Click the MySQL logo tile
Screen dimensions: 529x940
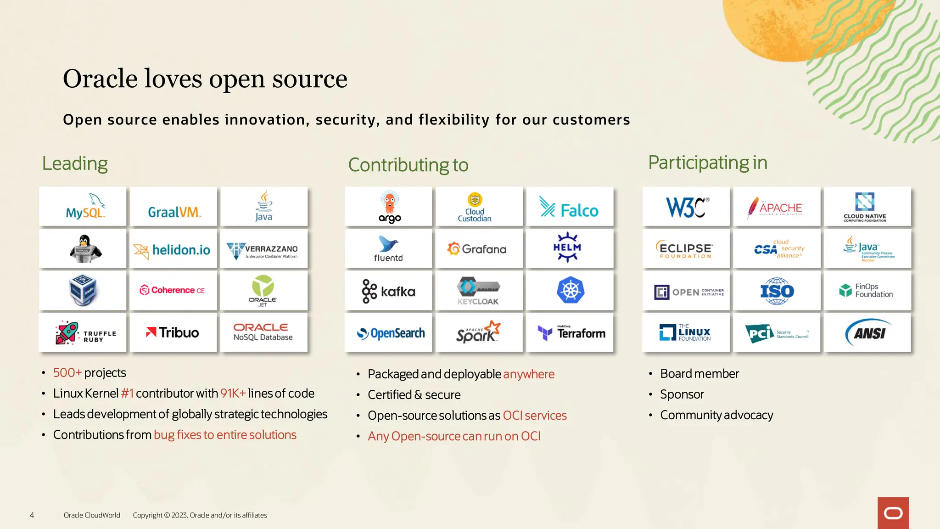[x=83, y=207]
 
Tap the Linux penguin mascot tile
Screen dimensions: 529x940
[x=83, y=248]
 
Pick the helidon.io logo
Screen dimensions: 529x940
[x=173, y=249]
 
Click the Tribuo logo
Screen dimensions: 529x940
[x=173, y=332]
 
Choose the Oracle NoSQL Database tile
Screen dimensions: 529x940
[x=263, y=332]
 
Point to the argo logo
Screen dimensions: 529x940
[x=389, y=207]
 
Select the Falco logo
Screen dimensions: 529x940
[x=570, y=208]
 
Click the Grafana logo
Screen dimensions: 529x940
[x=479, y=249]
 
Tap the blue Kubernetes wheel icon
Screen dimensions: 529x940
[x=570, y=290]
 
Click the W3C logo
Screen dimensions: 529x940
[x=686, y=207]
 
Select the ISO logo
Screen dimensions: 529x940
[x=777, y=291]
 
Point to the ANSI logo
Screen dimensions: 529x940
[x=867, y=332]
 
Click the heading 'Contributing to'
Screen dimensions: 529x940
[x=408, y=165]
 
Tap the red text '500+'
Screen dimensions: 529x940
[x=67, y=372]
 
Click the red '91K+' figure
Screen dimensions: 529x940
[x=233, y=394]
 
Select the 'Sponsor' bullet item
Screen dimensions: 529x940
[x=682, y=394]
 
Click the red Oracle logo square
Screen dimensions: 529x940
[x=893, y=513]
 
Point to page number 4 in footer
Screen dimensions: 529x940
[x=32, y=515]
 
